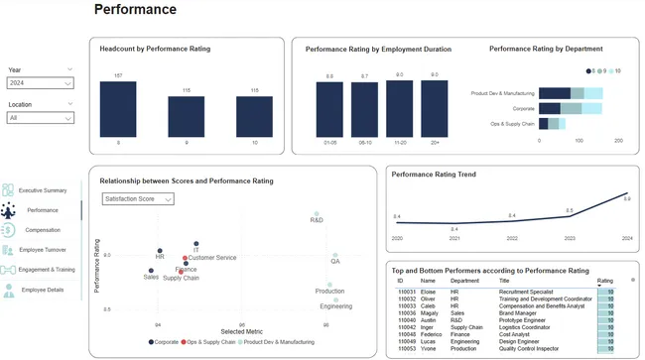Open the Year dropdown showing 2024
(x=40, y=83)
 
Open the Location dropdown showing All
(x=40, y=117)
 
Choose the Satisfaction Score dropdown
(x=138, y=199)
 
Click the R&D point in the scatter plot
(x=317, y=214)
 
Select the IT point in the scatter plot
(x=196, y=243)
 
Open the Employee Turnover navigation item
(x=42, y=250)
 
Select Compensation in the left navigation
(x=42, y=230)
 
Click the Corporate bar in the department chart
(x=556, y=108)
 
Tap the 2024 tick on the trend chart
(x=626, y=238)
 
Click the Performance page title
(x=135, y=10)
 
